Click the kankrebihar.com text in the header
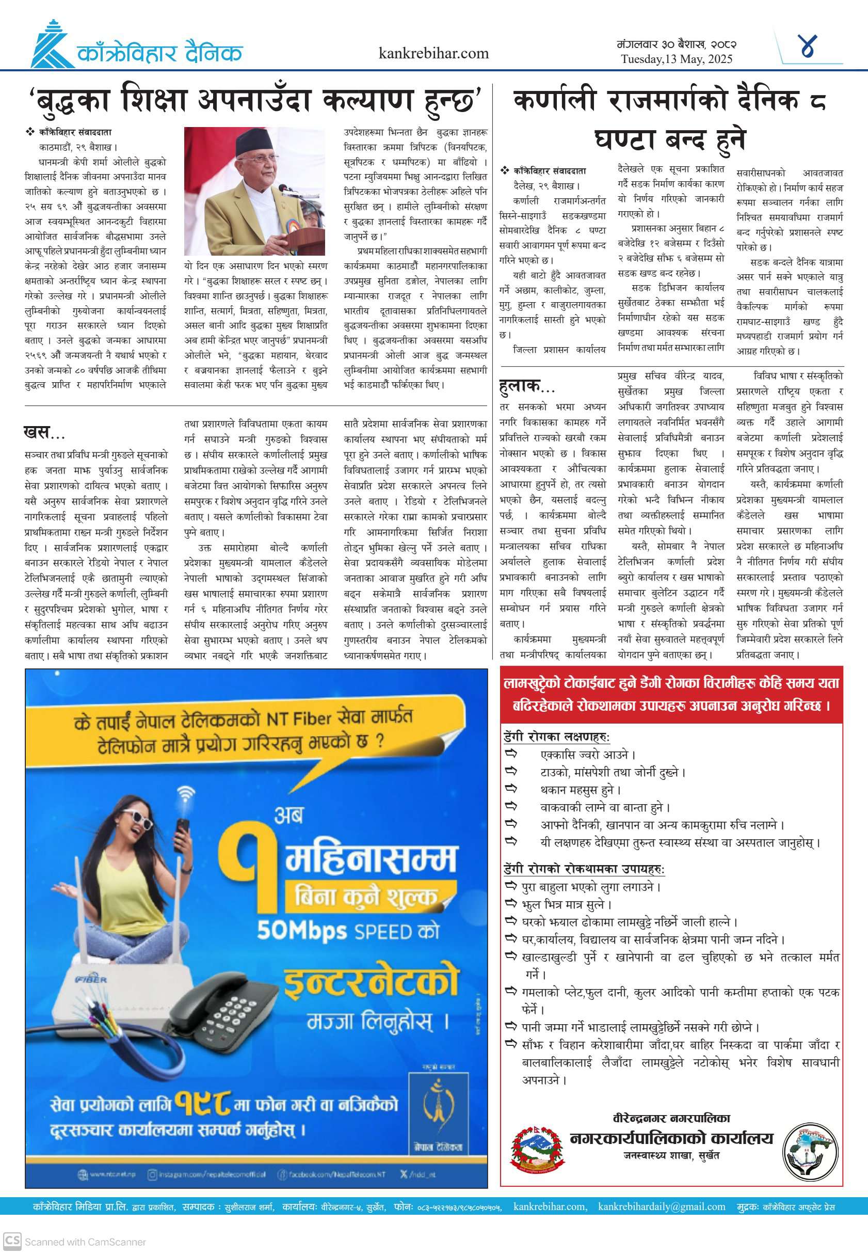(x=433, y=53)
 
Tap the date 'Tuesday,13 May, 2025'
(x=677, y=59)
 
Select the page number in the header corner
(x=809, y=46)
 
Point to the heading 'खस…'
(x=44, y=432)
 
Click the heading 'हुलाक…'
(x=526, y=386)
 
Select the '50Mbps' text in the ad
(x=302, y=931)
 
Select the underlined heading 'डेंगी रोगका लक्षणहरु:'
(x=556, y=737)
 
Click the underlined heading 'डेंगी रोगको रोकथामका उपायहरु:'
(x=584, y=869)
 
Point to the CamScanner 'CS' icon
(x=12, y=1242)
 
